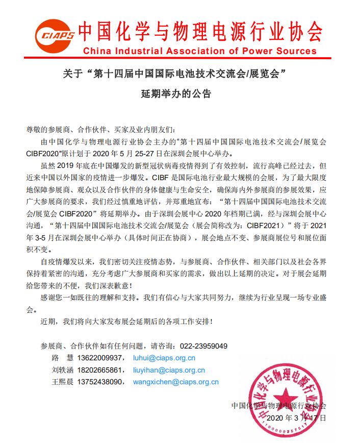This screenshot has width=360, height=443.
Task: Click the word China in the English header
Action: click(98, 51)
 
